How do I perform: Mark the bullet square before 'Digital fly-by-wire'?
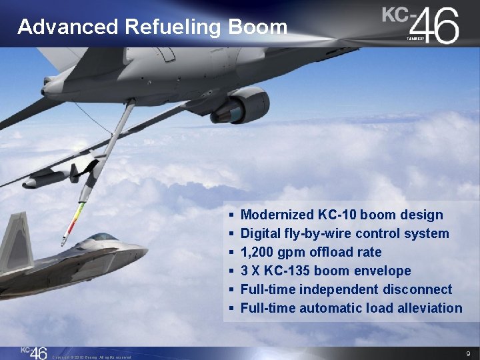pos(230,234)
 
